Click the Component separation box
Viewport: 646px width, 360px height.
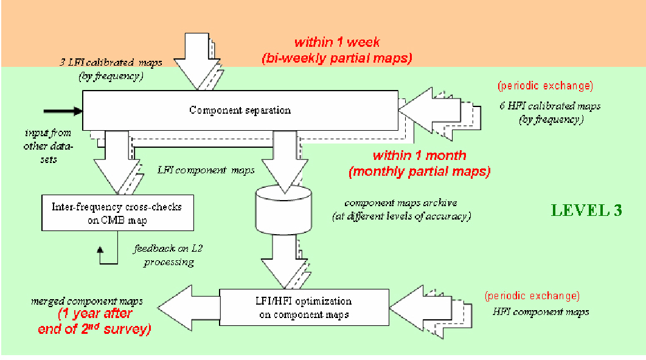(x=240, y=111)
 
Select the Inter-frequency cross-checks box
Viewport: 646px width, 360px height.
(x=117, y=213)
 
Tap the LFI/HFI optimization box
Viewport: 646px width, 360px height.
(x=304, y=307)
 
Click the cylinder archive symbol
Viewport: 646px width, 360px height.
(x=283, y=210)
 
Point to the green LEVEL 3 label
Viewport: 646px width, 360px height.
(x=586, y=210)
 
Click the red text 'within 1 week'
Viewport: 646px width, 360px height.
(x=337, y=42)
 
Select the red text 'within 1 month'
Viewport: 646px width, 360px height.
(x=419, y=155)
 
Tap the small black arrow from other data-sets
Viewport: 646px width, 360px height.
(x=63, y=111)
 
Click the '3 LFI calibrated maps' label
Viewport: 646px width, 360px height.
(x=111, y=62)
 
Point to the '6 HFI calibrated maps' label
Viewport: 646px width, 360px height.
(x=550, y=106)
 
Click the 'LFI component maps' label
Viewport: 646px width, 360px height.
(x=206, y=170)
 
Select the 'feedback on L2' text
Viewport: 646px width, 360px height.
(x=168, y=249)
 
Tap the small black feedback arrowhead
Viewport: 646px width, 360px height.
(x=100, y=249)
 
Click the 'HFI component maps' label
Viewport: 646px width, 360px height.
(x=541, y=312)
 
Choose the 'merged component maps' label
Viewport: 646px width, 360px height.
(x=87, y=301)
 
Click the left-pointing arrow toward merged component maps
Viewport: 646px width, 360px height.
(x=189, y=308)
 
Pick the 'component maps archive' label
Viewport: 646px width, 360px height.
(x=401, y=202)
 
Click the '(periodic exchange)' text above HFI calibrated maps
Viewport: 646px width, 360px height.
(x=546, y=86)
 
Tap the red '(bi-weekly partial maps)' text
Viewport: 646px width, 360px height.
(x=337, y=58)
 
